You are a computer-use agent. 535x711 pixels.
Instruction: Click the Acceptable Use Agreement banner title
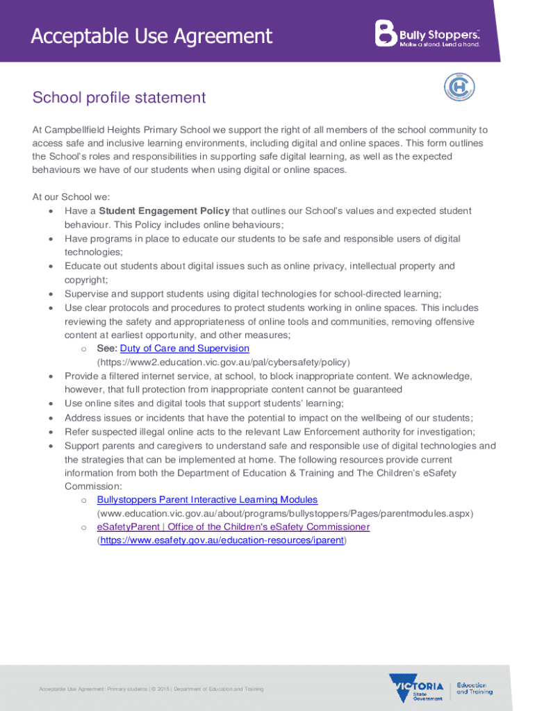point(151,35)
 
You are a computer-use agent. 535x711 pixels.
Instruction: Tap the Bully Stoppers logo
point(427,33)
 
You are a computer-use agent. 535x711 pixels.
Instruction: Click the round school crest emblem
point(459,89)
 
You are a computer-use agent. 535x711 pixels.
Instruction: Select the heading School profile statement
point(119,97)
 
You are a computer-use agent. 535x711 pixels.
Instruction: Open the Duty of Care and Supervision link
point(184,349)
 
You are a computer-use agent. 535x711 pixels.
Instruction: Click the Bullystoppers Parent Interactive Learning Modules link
point(207,500)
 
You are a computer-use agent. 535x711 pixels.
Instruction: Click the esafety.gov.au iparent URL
point(222,540)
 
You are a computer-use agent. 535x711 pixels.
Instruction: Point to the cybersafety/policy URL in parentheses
point(224,362)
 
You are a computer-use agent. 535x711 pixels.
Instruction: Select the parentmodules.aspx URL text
point(285,514)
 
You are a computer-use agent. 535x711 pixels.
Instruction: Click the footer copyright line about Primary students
point(151,689)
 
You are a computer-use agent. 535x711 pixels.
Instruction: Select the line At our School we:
point(72,196)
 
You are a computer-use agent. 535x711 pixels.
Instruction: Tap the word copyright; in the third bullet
point(86,280)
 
